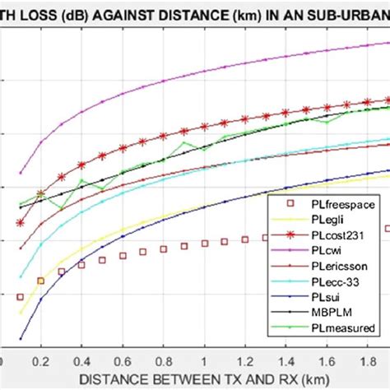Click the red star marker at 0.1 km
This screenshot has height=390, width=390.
[21, 224]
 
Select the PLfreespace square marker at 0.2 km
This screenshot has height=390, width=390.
[40, 281]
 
